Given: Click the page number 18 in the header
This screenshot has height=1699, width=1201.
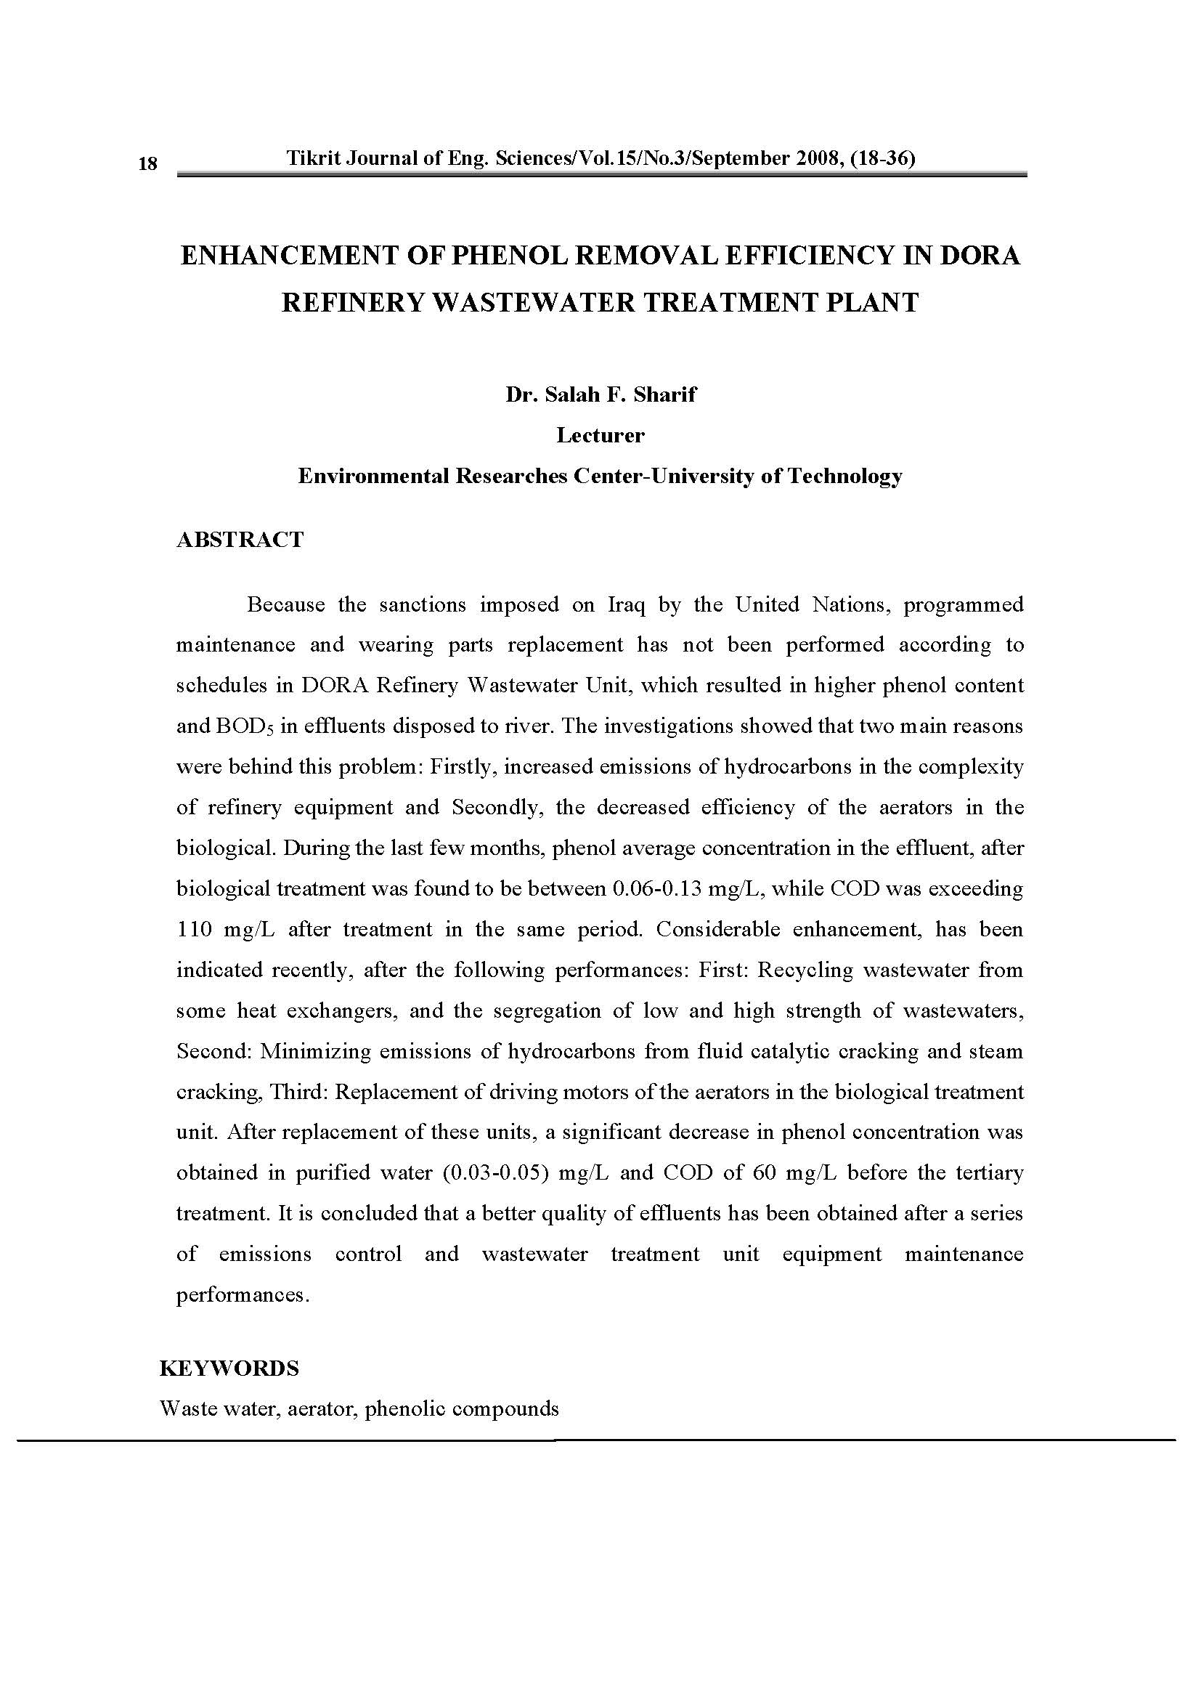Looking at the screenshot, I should pos(148,163).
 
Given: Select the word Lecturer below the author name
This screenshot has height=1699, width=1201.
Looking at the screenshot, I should pos(600,435).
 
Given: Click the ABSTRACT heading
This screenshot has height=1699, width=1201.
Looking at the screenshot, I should pos(240,540).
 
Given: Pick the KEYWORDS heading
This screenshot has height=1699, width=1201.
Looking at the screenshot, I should pos(229,1368).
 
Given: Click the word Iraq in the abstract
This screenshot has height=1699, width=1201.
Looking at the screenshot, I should pos(627,604).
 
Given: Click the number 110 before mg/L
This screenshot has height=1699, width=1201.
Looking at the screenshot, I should pos(194,929).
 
